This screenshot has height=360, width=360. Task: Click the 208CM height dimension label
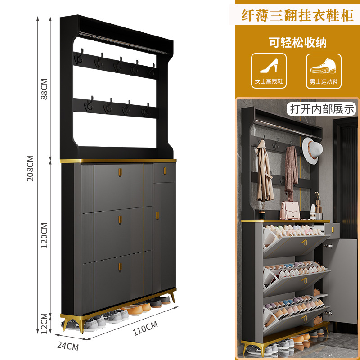coord(30,168)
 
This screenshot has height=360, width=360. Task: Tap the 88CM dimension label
coord(44,90)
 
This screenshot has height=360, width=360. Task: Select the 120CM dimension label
coord(44,235)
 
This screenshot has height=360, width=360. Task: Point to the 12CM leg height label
coord(44,324)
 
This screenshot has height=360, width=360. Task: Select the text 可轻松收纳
coord(297,43)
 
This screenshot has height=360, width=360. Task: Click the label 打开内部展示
coord(322,109)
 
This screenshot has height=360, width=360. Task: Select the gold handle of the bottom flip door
coord(120,266)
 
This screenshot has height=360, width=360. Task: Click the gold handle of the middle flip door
coord(120,219)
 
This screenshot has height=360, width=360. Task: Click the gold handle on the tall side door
coord(157,216)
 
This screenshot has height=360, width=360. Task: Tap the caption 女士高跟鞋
coord(269,82)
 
